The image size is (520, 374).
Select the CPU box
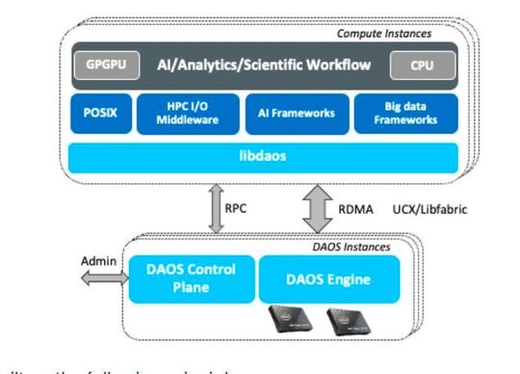(x=415, y=65)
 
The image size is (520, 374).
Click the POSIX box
(x=97, y=113)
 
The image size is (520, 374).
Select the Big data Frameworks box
(x=405, y=113)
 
